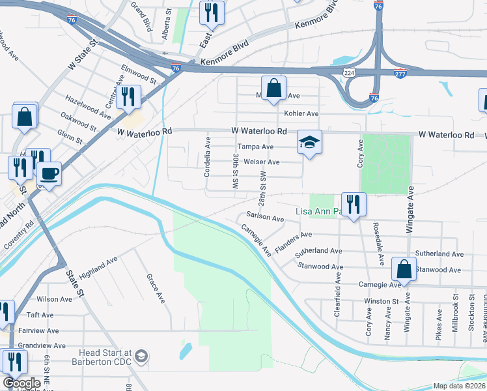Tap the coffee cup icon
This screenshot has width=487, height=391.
tap(49, 173)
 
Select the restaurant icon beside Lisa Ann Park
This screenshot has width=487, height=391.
tap(354, 204)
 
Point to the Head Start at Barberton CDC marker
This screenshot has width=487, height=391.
tap(141, 357)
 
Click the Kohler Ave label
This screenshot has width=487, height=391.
tap(302, 113)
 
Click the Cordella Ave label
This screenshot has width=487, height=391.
tap(208, 157)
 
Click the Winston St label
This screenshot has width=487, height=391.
tap(381, 302)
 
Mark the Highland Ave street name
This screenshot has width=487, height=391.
tap(98, 268)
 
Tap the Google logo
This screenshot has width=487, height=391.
tap(22, 383)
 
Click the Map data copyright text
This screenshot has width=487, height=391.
tap(458, 386)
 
